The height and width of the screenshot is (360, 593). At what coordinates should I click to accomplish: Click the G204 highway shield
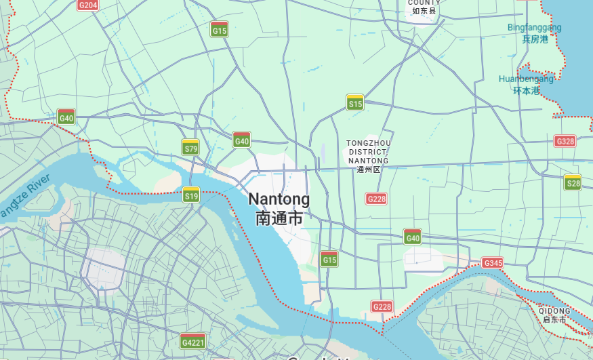click(88, 5)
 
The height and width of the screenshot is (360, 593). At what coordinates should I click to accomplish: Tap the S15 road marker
click(355, 102)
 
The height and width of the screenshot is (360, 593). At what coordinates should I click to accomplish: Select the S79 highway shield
click(191, 147)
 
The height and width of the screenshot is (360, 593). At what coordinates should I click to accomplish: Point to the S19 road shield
click(191, 195)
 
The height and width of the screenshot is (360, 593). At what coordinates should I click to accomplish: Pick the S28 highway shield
click(573, 182)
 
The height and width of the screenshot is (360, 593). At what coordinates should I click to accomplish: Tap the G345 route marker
click(493, 263)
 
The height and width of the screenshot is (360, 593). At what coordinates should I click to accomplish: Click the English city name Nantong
click(279, 199)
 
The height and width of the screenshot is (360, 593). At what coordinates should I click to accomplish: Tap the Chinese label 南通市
click(279, 218)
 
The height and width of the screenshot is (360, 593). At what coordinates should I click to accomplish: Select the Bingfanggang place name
click(535, 28)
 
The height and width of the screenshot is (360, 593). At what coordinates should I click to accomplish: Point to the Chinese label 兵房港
click(535, 39)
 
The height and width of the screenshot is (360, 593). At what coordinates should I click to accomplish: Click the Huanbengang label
click(526, 79)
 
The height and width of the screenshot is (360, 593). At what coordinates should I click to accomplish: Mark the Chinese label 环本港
click(526, 90)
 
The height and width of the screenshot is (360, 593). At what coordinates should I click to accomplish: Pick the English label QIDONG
click(556, 311)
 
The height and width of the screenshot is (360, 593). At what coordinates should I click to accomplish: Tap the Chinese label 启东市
click(554, 320)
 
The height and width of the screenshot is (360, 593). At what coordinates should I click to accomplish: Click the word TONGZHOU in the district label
click(369, 143)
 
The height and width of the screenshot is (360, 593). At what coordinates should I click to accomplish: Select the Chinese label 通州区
click(369, 169)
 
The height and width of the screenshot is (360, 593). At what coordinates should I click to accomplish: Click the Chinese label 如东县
click(424, 11)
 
